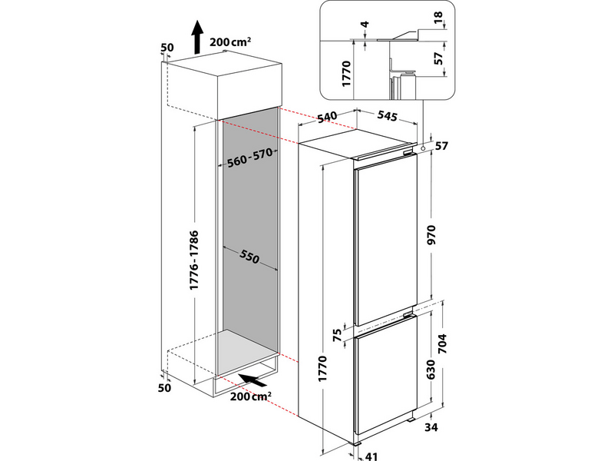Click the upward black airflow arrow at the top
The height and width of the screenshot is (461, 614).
[x=197, y=37]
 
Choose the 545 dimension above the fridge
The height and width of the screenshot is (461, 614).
[x=388, y=117]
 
